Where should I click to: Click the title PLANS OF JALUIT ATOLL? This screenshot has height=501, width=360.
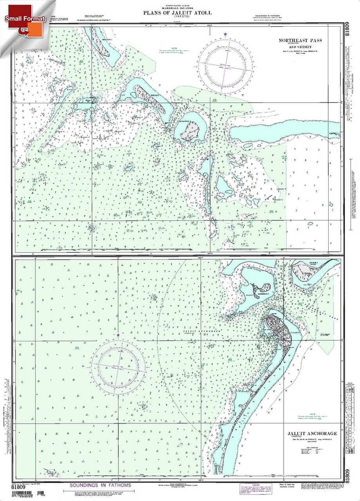177,13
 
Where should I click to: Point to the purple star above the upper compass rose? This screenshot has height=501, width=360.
225,35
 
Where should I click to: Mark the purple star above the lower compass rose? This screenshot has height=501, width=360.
118,335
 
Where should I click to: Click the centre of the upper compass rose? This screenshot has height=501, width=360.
225,64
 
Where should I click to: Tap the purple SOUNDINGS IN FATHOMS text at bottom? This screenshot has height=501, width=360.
100,485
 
